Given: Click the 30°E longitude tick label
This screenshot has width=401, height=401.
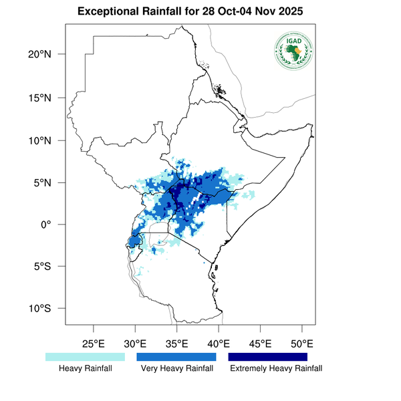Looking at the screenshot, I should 135,344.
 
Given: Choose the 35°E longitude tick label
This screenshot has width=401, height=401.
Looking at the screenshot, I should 176,344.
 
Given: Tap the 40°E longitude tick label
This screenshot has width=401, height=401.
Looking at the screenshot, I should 219,344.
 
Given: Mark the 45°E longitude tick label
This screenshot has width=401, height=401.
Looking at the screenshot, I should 260,344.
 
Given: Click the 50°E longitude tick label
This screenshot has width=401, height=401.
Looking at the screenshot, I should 302,344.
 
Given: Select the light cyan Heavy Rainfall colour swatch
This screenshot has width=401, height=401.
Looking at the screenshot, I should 85,357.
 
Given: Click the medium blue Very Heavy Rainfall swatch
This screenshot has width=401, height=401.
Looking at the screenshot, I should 176,357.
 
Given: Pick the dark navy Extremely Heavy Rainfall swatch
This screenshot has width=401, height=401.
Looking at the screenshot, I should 268,357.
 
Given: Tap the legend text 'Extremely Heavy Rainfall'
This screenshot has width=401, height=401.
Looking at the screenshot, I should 276,368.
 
